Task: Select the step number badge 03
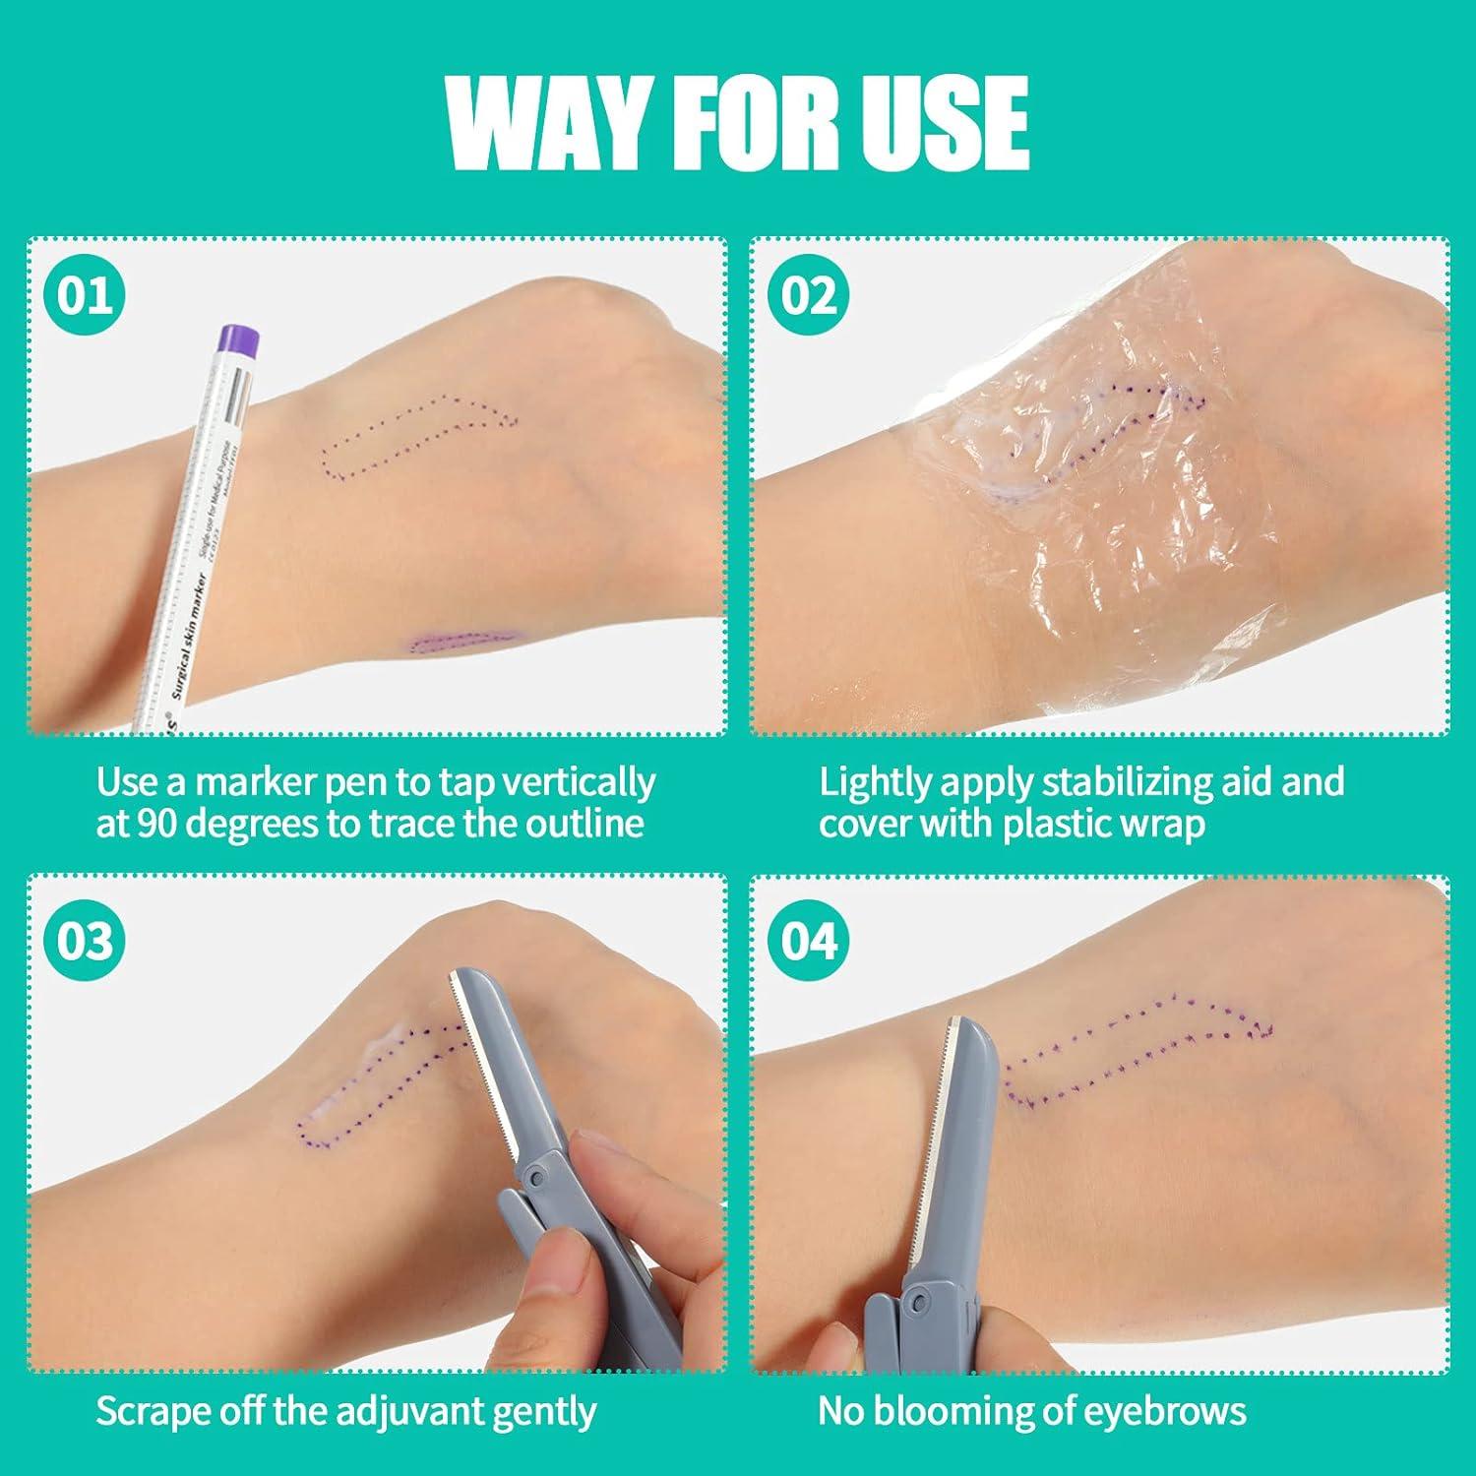[x=86, y=941]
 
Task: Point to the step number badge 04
[x=809, y=941]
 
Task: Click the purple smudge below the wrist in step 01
[x=458, y=643]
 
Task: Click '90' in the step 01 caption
[x=156, y=823]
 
